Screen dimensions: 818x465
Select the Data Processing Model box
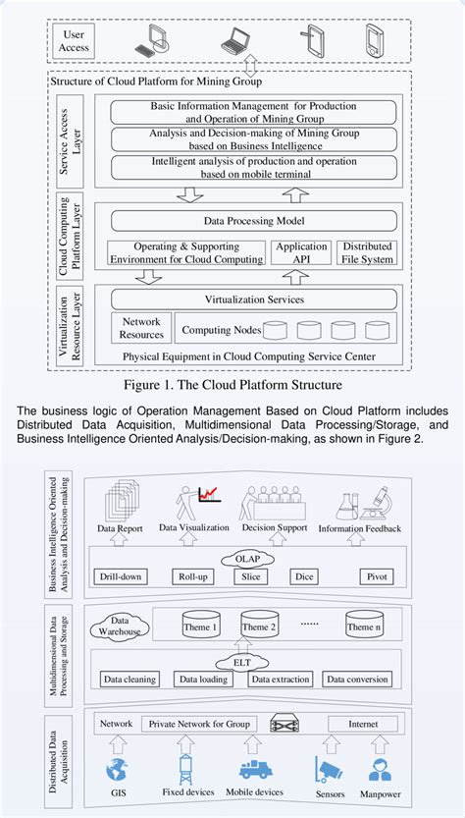(x=253, y=222)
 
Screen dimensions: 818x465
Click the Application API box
(x=301, y=252)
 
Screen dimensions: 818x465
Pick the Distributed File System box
(x=367, y=252)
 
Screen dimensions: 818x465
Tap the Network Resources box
(x=141, y=328)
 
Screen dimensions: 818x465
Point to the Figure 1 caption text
(x=232, y=385)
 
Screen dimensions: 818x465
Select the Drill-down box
(x=124, y=577)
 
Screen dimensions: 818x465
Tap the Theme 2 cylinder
(x=260, y=627)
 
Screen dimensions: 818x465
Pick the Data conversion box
(x=356, y=679)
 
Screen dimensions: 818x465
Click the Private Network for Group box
(x=213, y=725)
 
